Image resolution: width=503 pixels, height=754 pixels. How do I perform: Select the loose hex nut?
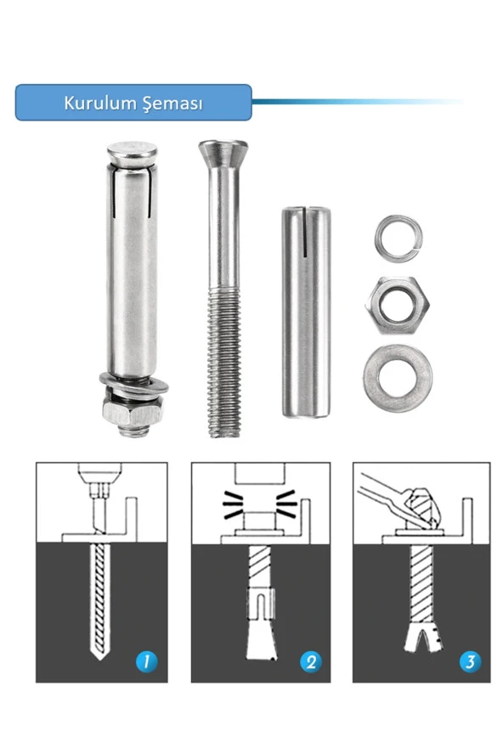point(397,306)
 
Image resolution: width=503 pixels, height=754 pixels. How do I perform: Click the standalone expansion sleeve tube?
point(306,312)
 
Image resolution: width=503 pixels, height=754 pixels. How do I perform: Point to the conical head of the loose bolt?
point(223,154)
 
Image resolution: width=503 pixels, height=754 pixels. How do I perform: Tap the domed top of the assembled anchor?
point(132,154)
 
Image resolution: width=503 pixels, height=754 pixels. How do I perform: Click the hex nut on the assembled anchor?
point(133,413)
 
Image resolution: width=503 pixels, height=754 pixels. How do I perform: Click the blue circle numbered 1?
point(147,662)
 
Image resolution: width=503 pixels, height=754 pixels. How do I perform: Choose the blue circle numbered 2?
point(310,662)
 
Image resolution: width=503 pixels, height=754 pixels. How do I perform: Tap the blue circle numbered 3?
point(470,661)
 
